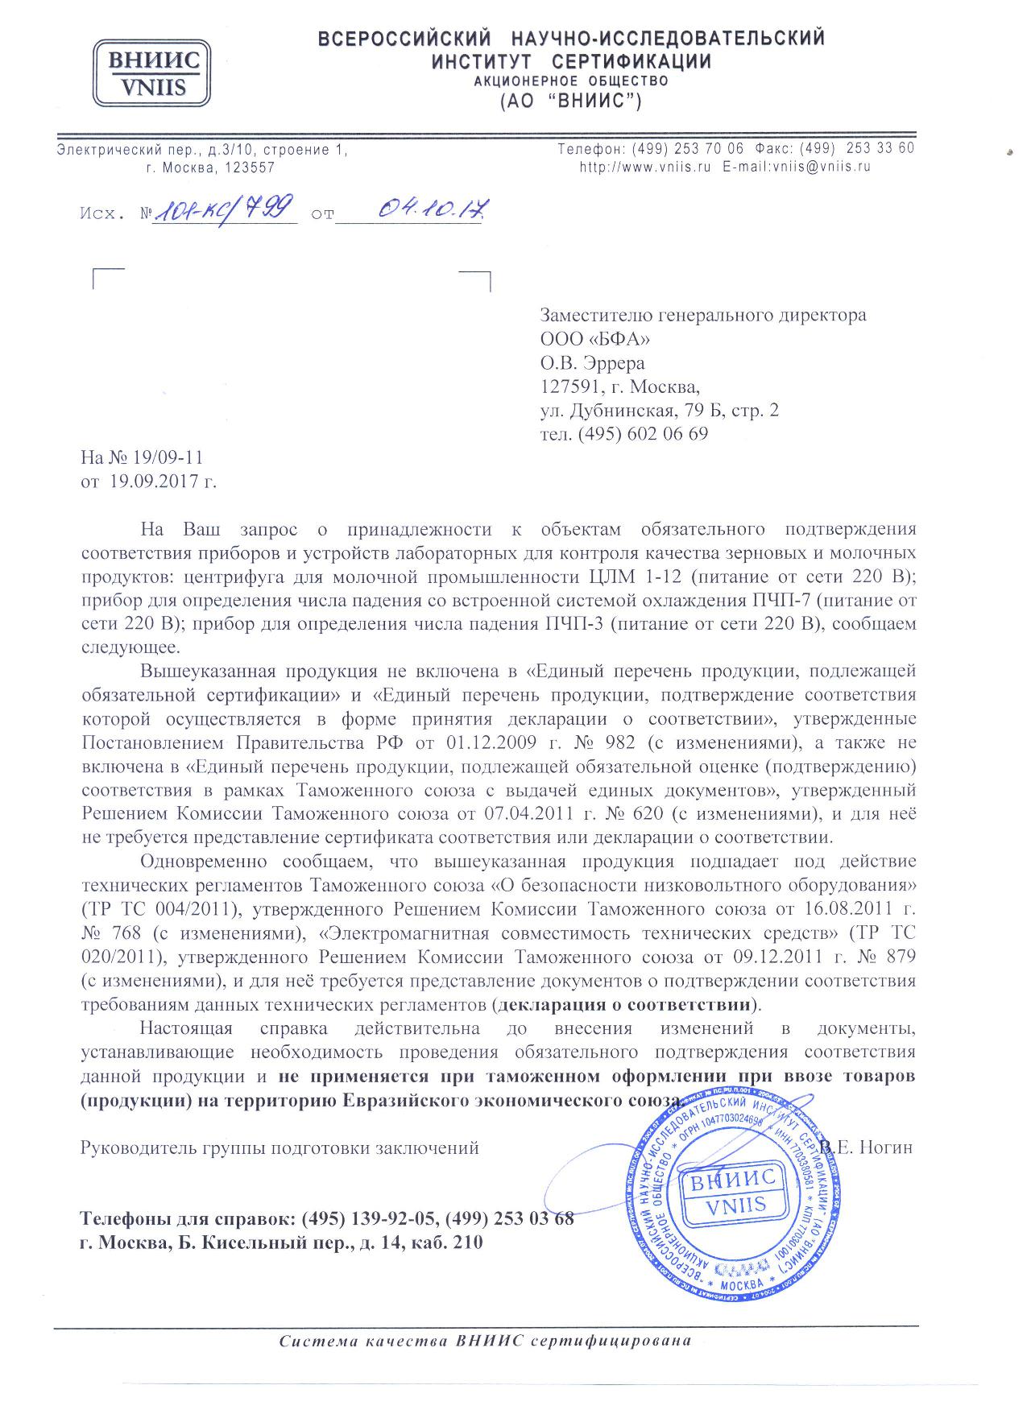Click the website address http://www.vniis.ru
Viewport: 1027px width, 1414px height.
645,167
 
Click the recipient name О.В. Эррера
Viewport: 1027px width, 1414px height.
592,362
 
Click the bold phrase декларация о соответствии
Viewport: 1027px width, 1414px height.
625,1005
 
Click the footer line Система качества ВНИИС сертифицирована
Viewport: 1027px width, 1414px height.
486,1342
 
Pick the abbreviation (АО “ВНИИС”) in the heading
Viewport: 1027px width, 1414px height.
570,102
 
